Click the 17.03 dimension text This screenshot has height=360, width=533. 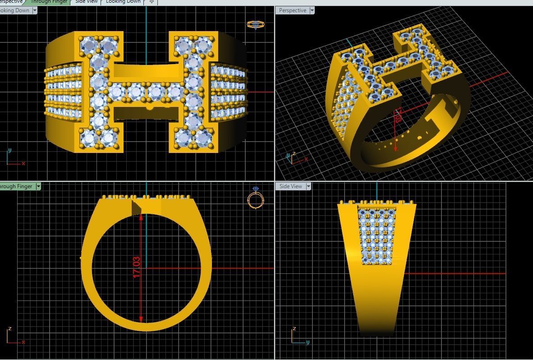coord(137,267)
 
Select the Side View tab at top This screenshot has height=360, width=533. coord(86,2)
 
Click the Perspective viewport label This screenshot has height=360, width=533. coord(292,10)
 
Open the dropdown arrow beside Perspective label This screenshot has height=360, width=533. coord(312,10)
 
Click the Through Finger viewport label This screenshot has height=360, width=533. coord(16,186)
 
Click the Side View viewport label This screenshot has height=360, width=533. coord(290,186)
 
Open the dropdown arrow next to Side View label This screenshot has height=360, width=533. coord(308,186)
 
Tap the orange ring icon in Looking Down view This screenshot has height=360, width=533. coord(256,25)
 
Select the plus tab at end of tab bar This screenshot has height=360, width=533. coord(152,2)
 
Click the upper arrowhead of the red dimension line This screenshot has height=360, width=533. coord(141,217)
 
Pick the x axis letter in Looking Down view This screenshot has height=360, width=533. coord(23,163)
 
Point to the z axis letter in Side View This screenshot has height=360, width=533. coord(294,328)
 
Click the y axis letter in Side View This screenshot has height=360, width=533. coord(308,342)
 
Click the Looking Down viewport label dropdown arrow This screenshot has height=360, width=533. coord(35,10)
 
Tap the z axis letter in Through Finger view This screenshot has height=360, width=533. coord(9,328)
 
